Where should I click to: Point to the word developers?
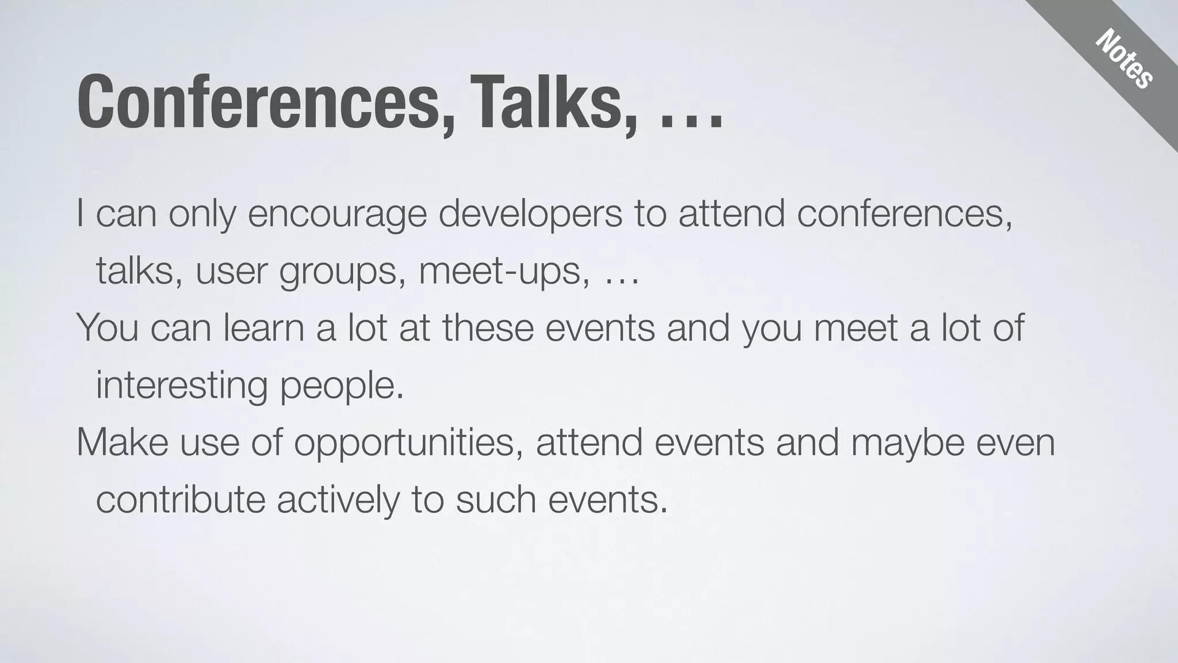(530, 215)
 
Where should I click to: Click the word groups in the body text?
(338, 272)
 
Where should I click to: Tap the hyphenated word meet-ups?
(504, 272)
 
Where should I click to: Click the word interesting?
(181, 386)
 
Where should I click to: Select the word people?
(342, 386)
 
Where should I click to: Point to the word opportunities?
(408, 443)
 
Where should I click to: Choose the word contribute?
(180, 499)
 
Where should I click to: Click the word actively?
(338, 499)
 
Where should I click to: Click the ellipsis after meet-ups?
(622, 282)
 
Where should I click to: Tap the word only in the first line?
(202, 215)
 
